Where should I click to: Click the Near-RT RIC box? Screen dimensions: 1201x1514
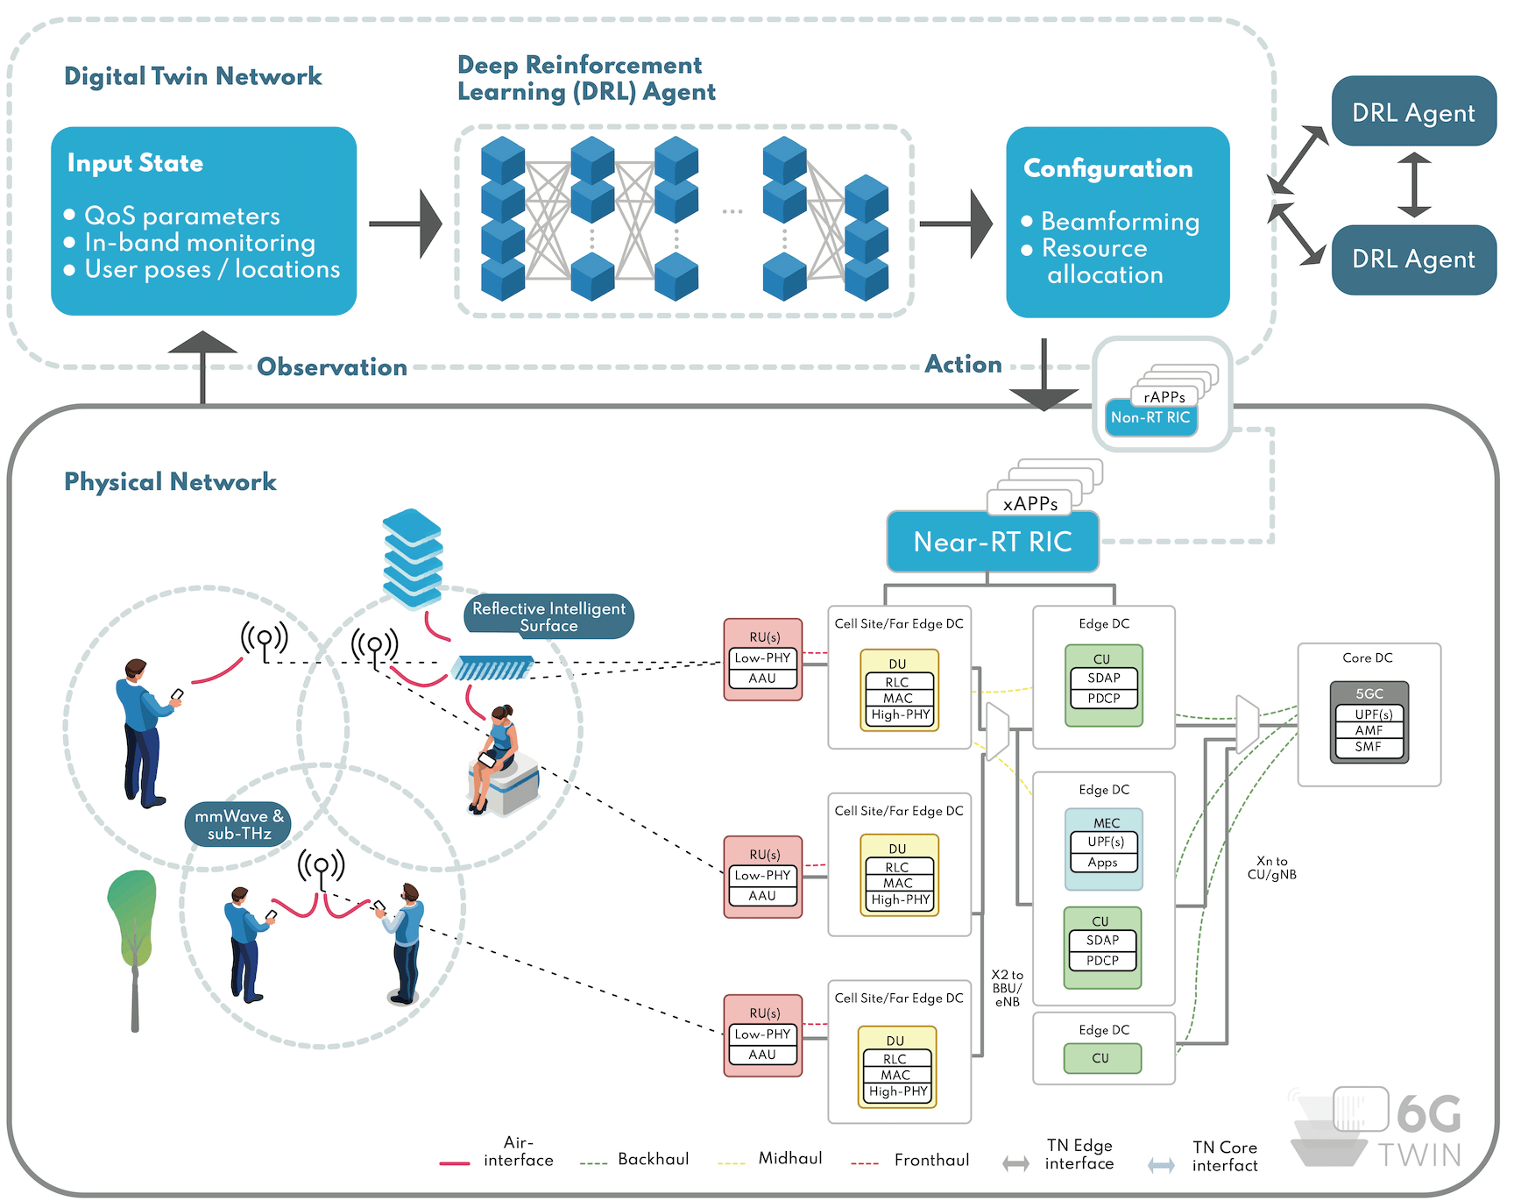(993, 542)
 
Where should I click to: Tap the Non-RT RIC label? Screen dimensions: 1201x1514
(1150, 418)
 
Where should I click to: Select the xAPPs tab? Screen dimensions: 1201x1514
(1030, 504)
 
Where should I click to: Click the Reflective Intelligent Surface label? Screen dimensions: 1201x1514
(548, 616)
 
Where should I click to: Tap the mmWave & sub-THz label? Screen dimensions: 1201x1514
(238, 825)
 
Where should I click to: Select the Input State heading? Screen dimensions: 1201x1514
(135, 163)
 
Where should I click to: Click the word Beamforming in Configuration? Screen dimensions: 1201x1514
(1120, 222)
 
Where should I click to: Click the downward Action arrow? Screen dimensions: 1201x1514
(1044, 377)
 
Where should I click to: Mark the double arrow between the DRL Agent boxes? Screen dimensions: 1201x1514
(1414, 185)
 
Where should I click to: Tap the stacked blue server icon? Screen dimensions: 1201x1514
(413, 558)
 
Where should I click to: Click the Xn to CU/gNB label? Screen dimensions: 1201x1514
(1271, 868)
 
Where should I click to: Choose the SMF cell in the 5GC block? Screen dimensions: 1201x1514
(1368, 747)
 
